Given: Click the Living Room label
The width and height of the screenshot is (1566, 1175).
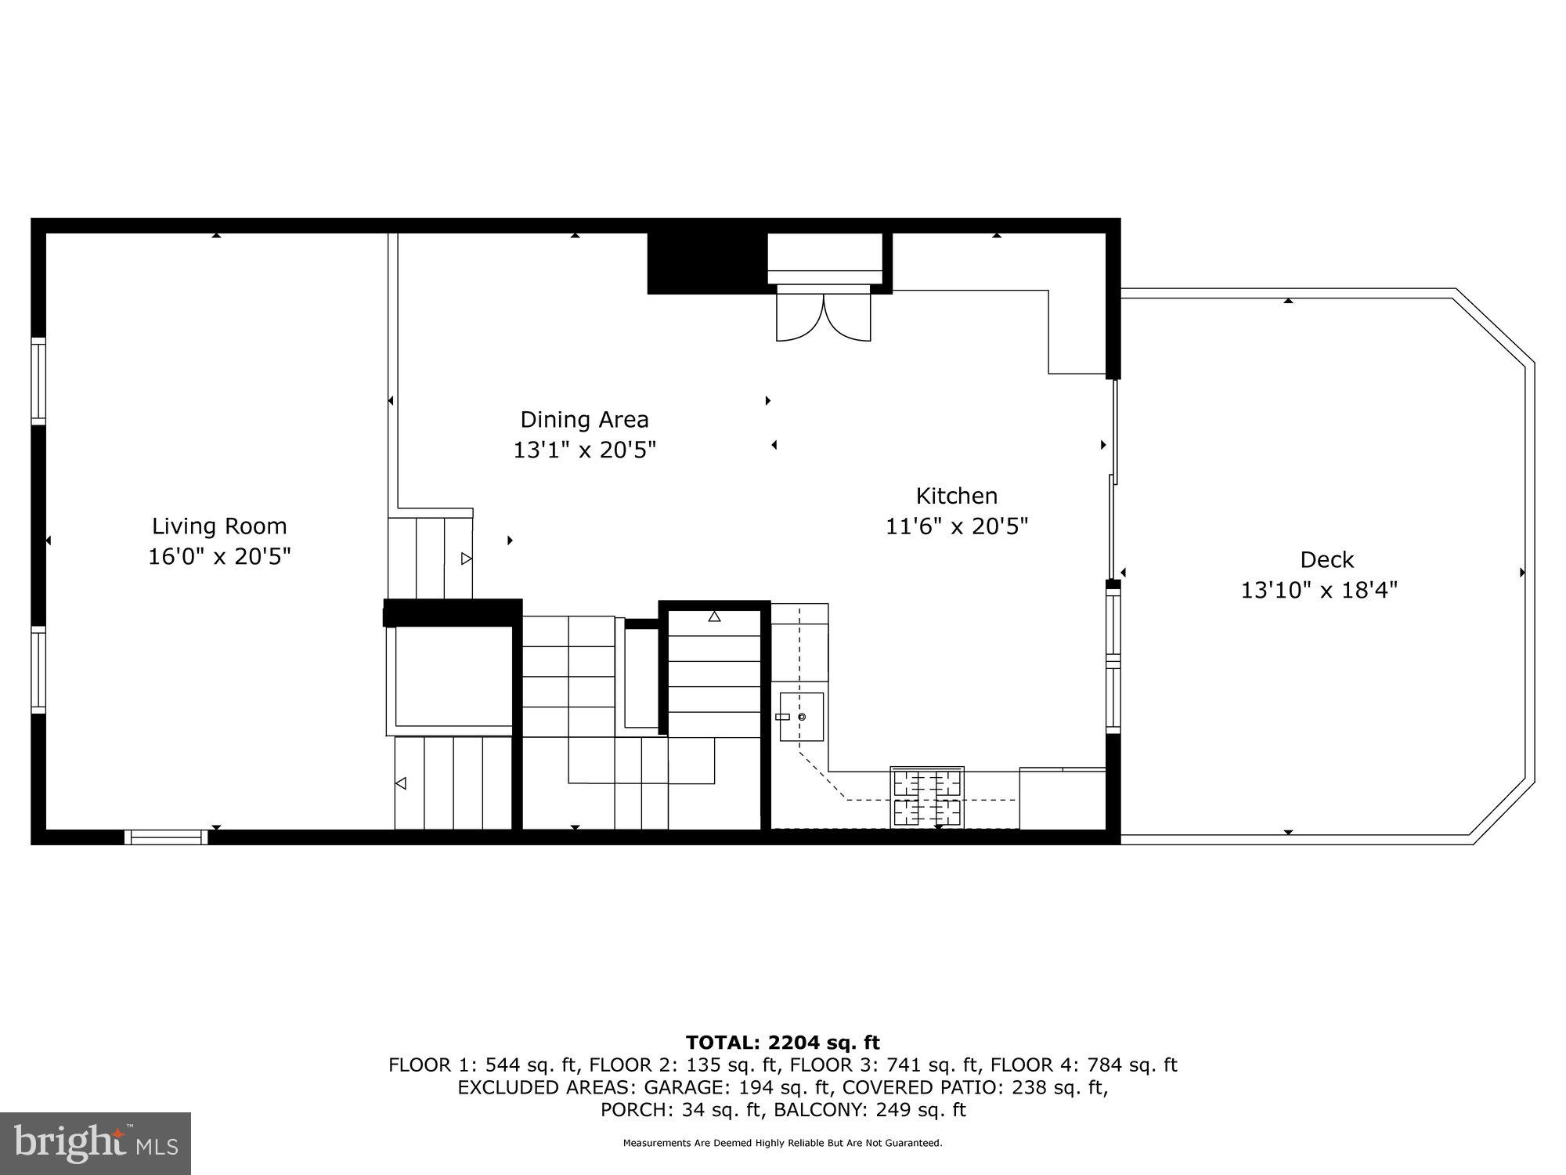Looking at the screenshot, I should pos(219,526).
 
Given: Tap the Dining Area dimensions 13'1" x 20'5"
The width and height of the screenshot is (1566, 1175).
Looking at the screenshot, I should pos(584,450).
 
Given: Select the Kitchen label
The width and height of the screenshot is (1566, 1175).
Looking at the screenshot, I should pos(956,496).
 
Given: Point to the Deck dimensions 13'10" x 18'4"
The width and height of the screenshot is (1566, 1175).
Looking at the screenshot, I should pos(1319,590).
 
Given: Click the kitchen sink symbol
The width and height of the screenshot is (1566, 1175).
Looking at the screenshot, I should pos(801,717).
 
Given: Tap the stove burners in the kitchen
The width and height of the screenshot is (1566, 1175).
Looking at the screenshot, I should pos(927,797).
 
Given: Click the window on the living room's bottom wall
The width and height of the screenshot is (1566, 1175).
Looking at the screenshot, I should pos(166,837).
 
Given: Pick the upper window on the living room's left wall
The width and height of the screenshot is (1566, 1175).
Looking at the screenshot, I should pos(38,381).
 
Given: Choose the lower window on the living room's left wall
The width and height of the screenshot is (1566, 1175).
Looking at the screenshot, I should pos(38,670).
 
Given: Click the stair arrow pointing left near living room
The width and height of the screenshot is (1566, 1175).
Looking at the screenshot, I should pos(401,783).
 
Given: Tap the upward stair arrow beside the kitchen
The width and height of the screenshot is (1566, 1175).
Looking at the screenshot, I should pos(714,616).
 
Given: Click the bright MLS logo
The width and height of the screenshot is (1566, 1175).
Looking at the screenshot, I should pos(95,1143).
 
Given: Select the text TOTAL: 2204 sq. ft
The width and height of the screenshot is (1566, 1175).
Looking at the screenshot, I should pos(782,1043).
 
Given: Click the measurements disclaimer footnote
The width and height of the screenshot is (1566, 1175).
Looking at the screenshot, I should pos(782,1143).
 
